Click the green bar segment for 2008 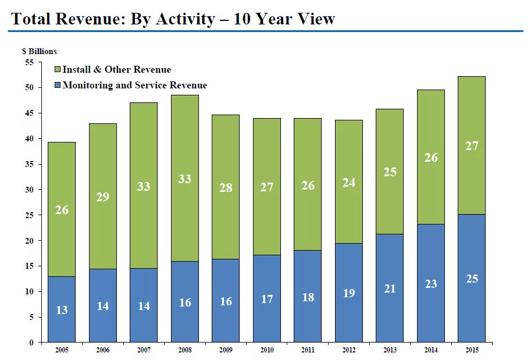pyautogui.click(x=185, y=178)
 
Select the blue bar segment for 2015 pyautogui.click(x=472, y=278)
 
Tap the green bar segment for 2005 pyautogui.click(x=62, y=209)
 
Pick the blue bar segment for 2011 pyautogui.click(x=308, y=297)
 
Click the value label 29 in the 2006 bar pyautogui.click(x=103, y=197)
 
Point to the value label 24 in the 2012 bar pyautogui.click(x=349, y=183)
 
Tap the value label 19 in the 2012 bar pyautogui.click(x=349, y=293)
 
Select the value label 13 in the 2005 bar pyautogui.click(x=62, y=310)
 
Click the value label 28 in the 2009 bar pyautogui.click(x=226, y=188)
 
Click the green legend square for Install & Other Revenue pyautogui.click(x=58, y=69)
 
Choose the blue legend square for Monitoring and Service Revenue pyautogui.click(x=58, y=85)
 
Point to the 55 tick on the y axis pyautogui.click(x=30, y=62)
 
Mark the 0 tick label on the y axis pyautogui.click(x=31, y=343)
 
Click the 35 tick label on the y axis pyautogui.click(x=30, y=164)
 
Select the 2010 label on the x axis pyautogui.click(x=267, y=350)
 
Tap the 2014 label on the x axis pyautogui.click(x=431, y=350)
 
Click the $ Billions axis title pyautogui.click(x=40, y=51)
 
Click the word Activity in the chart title pyautogui.click(x=186, y=19)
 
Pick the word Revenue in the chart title pyautogui.click(x=88, y=19)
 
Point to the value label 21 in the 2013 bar pyautogui.click(x=390, y=288)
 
